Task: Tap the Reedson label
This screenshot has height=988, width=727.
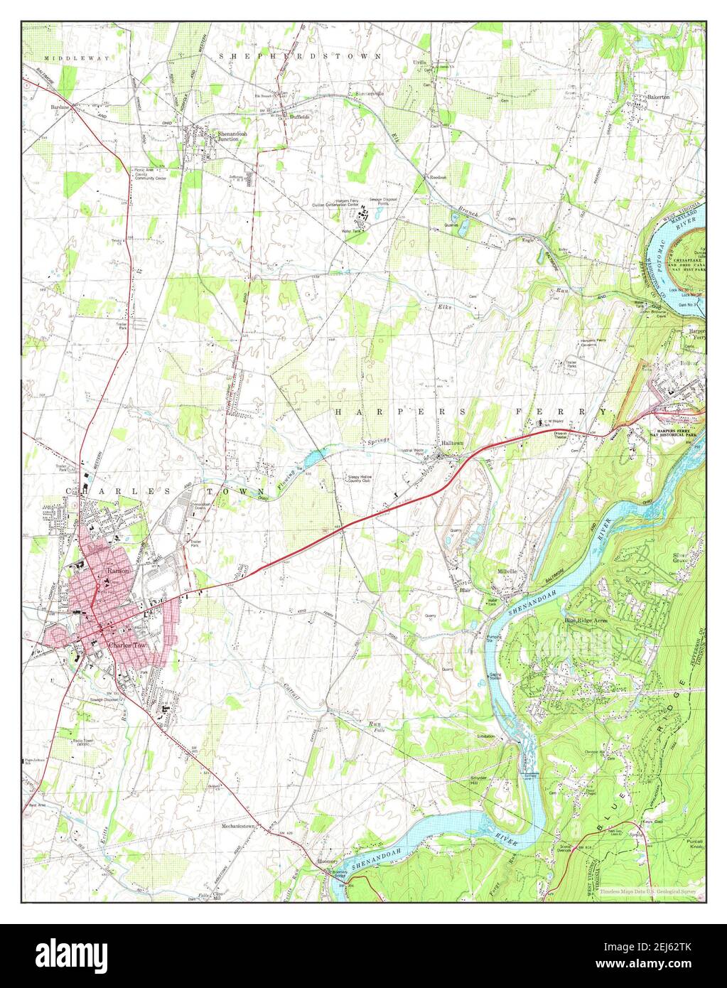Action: [435, 176]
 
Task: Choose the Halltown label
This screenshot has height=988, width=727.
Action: [452, 442]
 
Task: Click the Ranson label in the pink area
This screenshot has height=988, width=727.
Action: [117, 571]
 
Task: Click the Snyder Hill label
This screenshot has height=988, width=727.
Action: [480, 781]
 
